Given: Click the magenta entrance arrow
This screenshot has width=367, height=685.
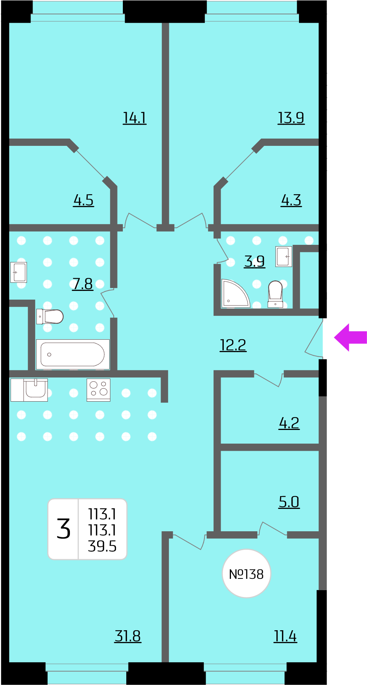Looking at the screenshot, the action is [350, 337].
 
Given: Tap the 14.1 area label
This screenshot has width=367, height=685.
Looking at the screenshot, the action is [135, 118].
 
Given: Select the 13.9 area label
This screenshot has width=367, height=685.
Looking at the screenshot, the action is [291, 118].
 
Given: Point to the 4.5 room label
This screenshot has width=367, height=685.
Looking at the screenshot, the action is [84, 200].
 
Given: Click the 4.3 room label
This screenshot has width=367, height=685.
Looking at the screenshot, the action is [291, 200].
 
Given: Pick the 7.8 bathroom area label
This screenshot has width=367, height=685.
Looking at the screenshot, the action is [82, 284].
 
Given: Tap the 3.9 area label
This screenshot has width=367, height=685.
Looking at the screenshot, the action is [254, 261].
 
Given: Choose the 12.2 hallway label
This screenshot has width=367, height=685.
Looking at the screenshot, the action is [233, 345].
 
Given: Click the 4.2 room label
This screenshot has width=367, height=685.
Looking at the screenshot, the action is [289, 423].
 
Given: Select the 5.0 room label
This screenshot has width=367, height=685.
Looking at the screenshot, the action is [289, 502].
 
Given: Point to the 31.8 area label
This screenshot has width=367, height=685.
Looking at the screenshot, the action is [128, 636].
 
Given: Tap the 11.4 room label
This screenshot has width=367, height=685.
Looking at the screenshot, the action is [285, 636].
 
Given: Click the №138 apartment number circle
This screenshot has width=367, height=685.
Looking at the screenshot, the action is [246, 574].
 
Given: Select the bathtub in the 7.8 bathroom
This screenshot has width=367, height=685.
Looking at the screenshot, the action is [73, 354].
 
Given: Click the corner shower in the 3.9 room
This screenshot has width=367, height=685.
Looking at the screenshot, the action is [235, 293].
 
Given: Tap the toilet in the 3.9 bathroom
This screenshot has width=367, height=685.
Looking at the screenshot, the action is [275, 294].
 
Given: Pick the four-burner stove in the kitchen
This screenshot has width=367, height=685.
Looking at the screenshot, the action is [98, 390].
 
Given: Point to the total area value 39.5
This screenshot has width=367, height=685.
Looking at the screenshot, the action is [102, 546].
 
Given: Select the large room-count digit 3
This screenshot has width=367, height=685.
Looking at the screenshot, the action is [63, 529].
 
